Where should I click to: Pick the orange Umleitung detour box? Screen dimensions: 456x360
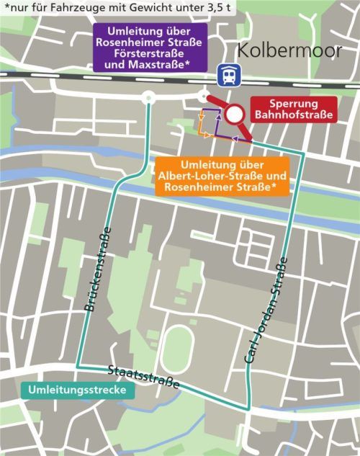pos(225,175)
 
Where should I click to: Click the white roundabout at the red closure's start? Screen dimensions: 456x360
pos(203,97)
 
